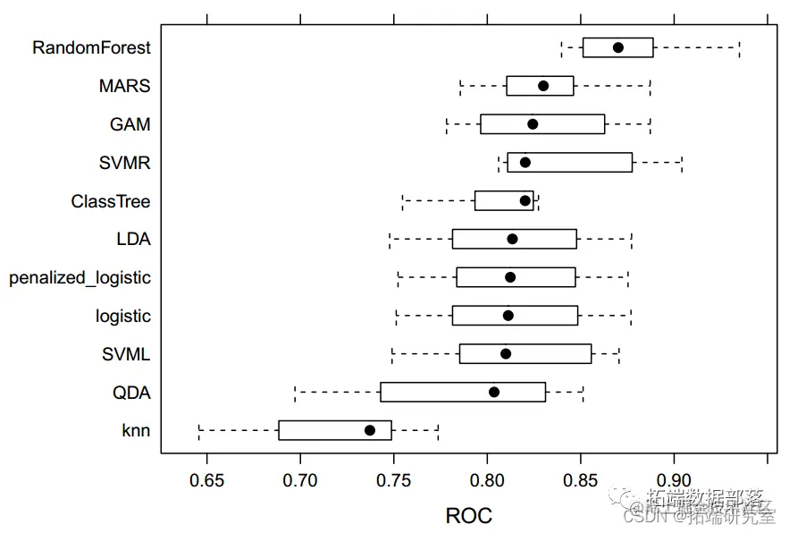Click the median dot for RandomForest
point(618,47)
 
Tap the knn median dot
point(370,430)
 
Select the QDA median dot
point(494,392)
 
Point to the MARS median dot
point(543,86)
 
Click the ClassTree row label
point(111,201)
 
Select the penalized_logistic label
point(80,277)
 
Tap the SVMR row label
point(125,163)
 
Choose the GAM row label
point(130,124)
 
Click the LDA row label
point(133,239)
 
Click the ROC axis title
point(468,515)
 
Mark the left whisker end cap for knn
point(199,430)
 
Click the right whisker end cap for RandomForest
point(740,47)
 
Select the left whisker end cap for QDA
point(295,392)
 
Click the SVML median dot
point(506,353)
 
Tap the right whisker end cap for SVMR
point(683,163)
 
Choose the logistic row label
point(123,316)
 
